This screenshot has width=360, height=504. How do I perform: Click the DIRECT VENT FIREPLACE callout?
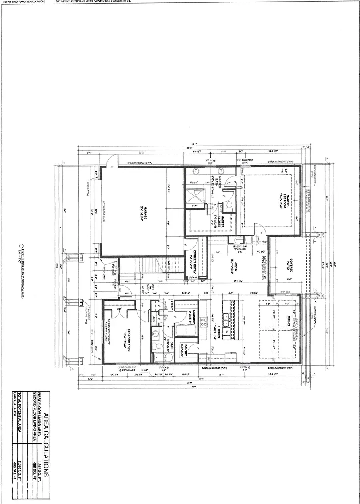click(240, 247)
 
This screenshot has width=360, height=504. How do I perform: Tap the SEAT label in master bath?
click(195, 206)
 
